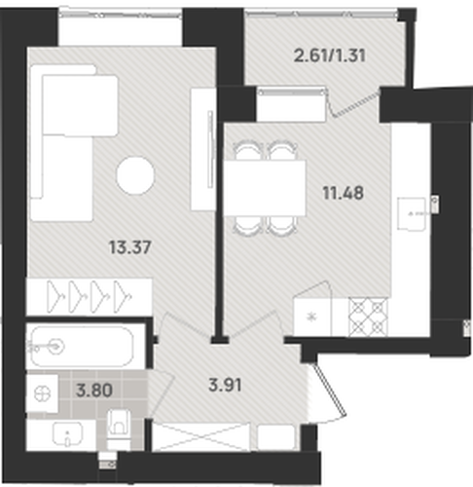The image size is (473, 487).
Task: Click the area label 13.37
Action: pyautogui.click(x=130, y=247)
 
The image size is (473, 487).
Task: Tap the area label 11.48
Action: pyautogui.click(x=343, y=193)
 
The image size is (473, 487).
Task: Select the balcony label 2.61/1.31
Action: pyautogui.click(x=330, y=56)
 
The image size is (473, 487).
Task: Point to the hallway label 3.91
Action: pyautogui.click(x=225, y=386)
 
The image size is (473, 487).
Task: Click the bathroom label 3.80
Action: pyautogui.click(x=94, y=390)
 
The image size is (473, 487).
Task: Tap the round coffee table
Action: pyautogui.click(x=135, y=175)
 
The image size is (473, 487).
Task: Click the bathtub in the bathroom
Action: pyautogui.click(x=83, y=347)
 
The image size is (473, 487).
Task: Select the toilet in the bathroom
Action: pyautogui.click(x=119, y=429)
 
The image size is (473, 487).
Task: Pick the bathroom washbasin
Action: pyautogui.click(x=67, y=433)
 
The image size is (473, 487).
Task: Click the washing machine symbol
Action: pyautogui.click(x=43, y=393)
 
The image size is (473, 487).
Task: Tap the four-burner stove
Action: pyautogui.click(x=368, y=317)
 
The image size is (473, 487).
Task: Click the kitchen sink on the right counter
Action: pyautogui.click(x=412, y=214)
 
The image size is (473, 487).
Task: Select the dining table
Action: pyautogui.click(x=265, y=188)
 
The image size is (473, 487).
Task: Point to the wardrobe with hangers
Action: pyautogui.click(x=90, y=296)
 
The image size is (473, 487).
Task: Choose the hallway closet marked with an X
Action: pyautogui.click(x=201, y=437)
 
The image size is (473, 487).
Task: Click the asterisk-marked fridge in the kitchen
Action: pyautogui.click(x=312, y=317)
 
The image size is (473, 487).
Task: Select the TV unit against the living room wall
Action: pyautogui.click(x=203, y=149)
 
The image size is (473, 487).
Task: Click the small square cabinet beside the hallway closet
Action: pyautogui.click(x=276, y=437)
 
